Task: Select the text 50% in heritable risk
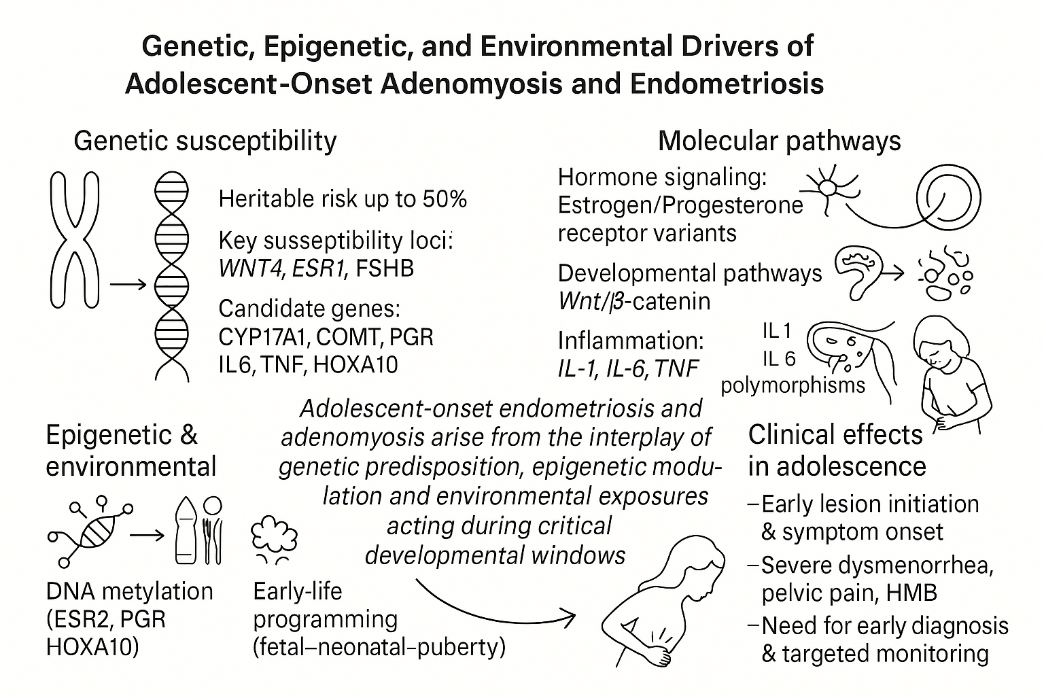coord(445,199)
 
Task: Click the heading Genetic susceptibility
coord(205,141)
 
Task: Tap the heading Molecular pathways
coord(779,141)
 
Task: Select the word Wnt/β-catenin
coord(633,301)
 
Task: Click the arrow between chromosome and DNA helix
coord(128,285)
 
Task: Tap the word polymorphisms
coord(793,385)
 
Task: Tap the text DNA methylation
coord(129,591)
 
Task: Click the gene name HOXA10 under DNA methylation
coord(92,646)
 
